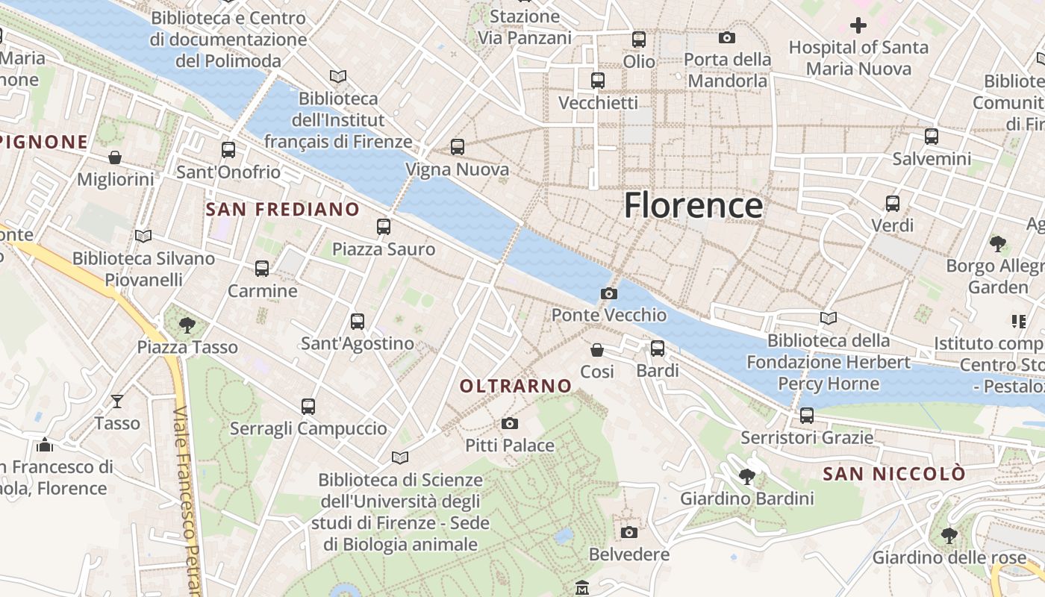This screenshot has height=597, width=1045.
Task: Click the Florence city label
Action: pos(693,205)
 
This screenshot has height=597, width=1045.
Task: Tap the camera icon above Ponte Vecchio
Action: pos(609,293)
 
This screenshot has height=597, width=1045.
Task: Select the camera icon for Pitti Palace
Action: pos(510,424)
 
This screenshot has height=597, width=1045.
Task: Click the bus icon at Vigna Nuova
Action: pos(458,147)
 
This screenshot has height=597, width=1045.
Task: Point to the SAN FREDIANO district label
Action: pos(282,210)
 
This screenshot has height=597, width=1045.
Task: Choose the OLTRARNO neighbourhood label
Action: pos(516,387)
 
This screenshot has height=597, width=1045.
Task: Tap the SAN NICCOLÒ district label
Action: pos(894,474)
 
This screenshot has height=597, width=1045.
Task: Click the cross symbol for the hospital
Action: pos(858,26)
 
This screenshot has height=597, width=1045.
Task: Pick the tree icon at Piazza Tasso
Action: pos(187,325)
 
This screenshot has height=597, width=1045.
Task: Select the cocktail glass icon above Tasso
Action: pos(117,401)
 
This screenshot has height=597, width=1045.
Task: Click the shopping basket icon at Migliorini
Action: pos(115,157)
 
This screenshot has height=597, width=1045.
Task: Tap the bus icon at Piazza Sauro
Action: pos(384,226)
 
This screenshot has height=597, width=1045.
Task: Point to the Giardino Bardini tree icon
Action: pos(746,476)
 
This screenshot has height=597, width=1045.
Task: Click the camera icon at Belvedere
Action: pos(629,532)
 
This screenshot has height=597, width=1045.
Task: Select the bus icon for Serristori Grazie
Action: pos(807,416)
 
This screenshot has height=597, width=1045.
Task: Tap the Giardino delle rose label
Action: pos(949,557)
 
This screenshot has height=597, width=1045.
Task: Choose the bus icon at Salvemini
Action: pos(932,137)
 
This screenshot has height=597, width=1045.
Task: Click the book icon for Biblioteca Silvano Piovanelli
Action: pos(143,237)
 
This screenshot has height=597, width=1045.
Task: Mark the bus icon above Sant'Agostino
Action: pos(358,322)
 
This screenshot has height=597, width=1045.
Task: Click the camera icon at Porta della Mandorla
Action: pos(727,37)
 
